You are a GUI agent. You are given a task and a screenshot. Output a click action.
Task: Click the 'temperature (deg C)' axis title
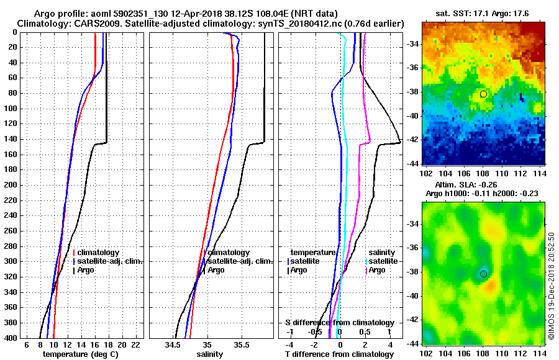(x=80, y=354)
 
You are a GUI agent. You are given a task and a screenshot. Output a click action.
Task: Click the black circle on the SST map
(x=483, y=94)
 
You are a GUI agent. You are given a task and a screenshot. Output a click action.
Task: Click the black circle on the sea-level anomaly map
(x=483, y=274)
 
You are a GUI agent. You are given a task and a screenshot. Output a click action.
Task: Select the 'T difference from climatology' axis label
(x=340, y=354)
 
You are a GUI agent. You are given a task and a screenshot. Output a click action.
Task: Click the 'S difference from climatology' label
(x=340, y=323)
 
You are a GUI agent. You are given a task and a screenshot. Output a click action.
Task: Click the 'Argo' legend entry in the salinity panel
(x=216, y=270)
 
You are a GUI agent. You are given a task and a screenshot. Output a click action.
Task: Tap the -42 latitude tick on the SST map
(x=411, y=140)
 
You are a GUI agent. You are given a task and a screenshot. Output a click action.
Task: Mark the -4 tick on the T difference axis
(x=288, y=344)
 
